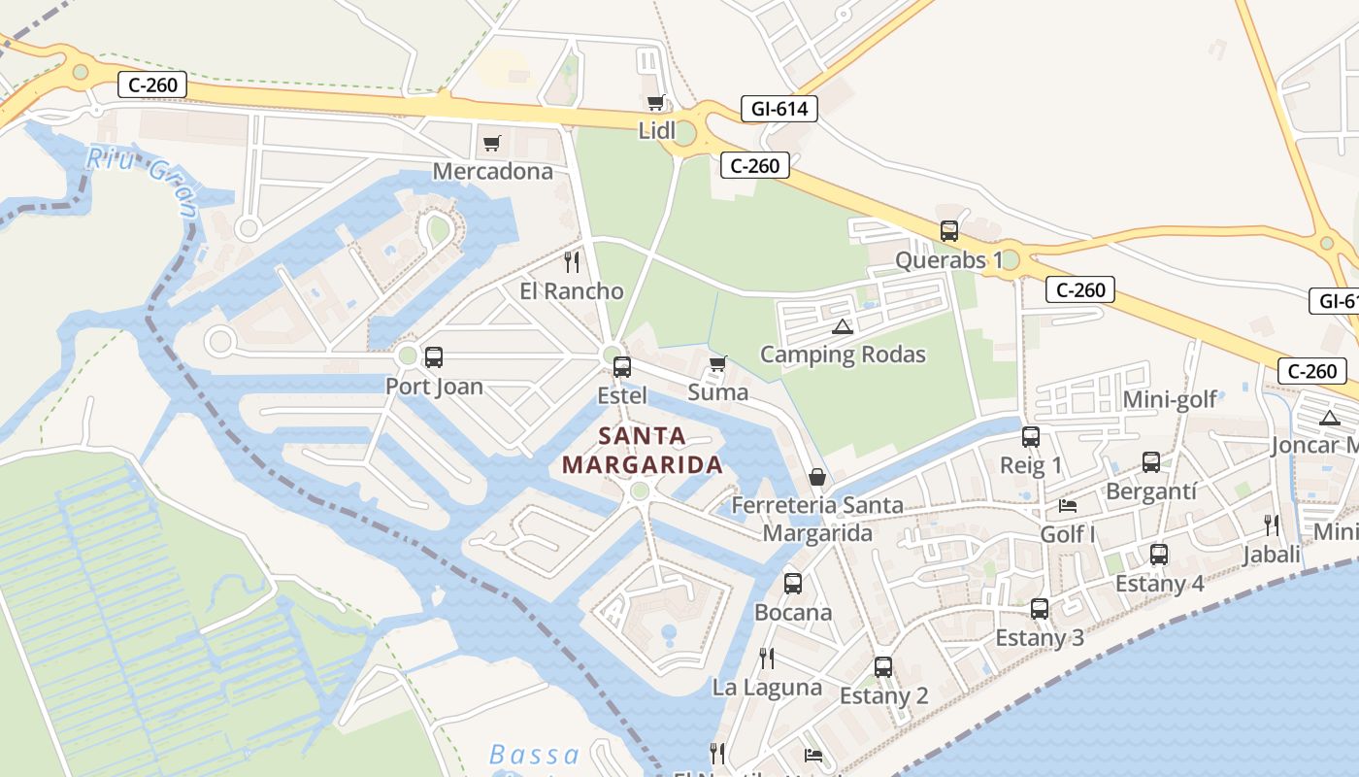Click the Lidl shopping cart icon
656,102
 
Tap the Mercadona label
492,172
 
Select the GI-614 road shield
779,109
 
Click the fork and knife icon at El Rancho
572,262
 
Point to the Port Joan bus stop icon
434,357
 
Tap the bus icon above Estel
622,367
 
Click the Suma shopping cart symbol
717,364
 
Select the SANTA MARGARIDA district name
643,450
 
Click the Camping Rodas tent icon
842,326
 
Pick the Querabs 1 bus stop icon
949,231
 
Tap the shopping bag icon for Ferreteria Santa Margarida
817,477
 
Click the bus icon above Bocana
793,584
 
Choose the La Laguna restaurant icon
767,659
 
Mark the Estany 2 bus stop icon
883,667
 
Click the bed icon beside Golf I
1068,506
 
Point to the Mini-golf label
1169,400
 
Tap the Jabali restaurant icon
1271,525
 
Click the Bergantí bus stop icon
1151,462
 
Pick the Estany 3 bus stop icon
1040,609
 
